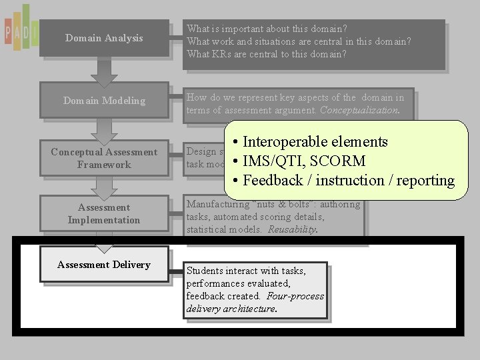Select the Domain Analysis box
point(104,38)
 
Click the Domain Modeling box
point(104,101)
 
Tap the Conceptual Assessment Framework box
point(104,159)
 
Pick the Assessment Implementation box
point(104,214)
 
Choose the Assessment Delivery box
point(104,265)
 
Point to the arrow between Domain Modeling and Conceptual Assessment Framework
point(104,130)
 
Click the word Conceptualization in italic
point(359,111)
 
